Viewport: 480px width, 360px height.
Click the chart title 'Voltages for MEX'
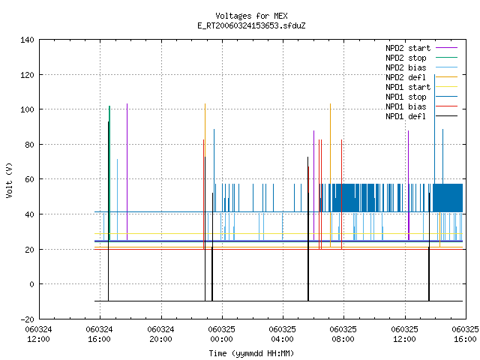(251, 16)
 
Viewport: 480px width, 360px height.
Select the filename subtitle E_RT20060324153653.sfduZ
(251, 25)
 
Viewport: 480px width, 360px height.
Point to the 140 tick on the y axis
(27, 40)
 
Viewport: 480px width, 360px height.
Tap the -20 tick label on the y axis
(27, 319)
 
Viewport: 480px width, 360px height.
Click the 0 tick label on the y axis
(31, 284)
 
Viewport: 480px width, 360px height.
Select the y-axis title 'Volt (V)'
(9, 180)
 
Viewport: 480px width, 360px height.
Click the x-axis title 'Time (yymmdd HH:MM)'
(251, 353)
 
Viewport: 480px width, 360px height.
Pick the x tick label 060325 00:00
(222, 334)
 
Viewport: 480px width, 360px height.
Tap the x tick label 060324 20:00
(160, 334)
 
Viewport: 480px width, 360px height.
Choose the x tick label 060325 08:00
(343, 334)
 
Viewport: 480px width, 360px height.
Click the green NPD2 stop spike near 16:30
(109, 173)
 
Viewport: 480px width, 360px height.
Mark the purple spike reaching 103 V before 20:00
(127, 172)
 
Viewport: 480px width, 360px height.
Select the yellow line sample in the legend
(446, 87)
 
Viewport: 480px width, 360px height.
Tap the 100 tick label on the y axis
(27, 109)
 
